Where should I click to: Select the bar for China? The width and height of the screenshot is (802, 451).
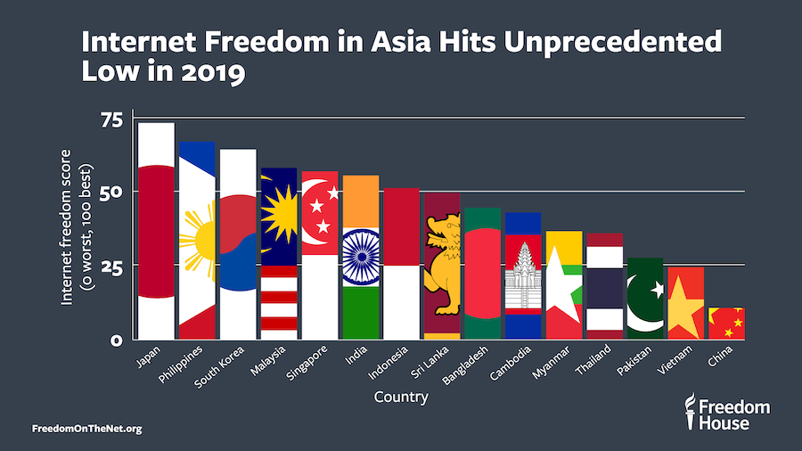point(726,324)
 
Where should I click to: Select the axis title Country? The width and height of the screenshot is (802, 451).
point(400,398)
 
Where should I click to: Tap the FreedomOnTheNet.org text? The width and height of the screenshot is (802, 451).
point(86,429)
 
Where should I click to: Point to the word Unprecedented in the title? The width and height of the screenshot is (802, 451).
point(593,42)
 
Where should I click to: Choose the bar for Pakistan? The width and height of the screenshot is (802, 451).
point(645,298)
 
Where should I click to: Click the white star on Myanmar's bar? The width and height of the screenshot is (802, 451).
point(562,283)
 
